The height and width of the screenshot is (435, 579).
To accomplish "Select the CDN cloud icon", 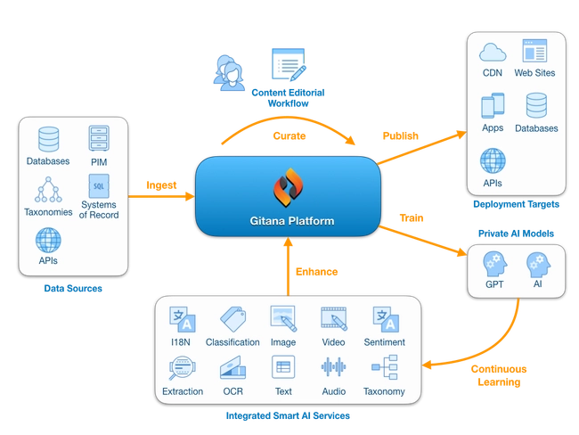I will (x=493, y=52).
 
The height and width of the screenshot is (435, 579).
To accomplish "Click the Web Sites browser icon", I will (x=534, y=52).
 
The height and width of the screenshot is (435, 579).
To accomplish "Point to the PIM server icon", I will (x=98, y=139).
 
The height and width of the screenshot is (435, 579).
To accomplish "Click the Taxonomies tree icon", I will (x=48, y=190).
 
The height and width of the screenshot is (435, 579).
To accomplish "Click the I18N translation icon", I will (x=182, y=319).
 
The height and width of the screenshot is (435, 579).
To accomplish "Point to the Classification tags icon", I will (x=232, y=319).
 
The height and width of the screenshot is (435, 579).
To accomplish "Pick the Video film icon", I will (x=334, y=319).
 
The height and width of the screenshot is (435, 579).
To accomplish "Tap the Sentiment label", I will (x=385, y=342).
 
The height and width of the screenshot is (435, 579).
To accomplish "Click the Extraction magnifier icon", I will (x=182, y=368).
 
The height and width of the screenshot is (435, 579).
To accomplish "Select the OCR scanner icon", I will (x=232, y=368).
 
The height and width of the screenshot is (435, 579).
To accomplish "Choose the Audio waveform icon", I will (x=334, y=368).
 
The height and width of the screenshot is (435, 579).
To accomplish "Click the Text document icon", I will (x=283, y=368).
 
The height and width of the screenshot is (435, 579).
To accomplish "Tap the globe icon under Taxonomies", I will (x=48, y=240).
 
